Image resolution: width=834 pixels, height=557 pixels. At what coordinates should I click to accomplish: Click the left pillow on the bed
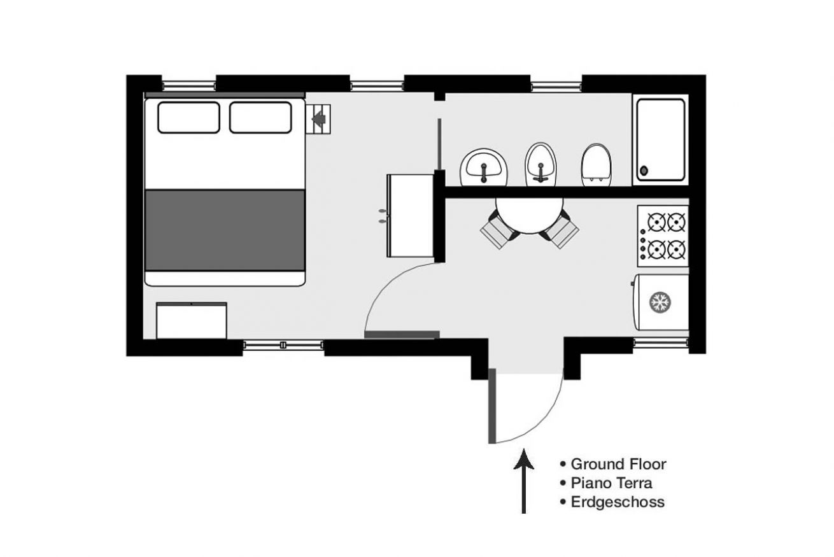pos(189,118)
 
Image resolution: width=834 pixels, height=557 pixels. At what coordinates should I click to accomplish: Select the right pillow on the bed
pos(260,118)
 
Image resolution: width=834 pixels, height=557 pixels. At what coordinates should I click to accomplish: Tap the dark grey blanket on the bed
pos(225,230)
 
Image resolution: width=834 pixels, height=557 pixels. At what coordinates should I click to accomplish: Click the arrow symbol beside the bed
pos(319,119)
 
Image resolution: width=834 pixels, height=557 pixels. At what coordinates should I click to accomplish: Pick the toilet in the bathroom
pos(596,165)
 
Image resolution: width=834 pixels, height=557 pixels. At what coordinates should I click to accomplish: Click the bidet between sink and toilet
pos(541,164)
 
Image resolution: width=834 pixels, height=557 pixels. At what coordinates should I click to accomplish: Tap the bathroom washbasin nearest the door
pos(484,167)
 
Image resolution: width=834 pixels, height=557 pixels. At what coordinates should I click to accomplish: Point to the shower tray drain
pos(644,171)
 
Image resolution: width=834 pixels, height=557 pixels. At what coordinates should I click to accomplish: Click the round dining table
pos(529,215)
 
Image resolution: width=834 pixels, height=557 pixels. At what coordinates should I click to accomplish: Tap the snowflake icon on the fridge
pos(660,302)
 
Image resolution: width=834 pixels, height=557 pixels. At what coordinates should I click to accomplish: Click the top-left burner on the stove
pos(656,222)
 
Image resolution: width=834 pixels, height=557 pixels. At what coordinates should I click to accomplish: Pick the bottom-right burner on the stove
pos(676,250)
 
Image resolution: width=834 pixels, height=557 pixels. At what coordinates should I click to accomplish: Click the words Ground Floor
pos(618,464)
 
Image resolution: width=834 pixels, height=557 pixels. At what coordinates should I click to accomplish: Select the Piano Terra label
pos(611,483)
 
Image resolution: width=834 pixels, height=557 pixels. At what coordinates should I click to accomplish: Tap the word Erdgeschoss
pos(618,502)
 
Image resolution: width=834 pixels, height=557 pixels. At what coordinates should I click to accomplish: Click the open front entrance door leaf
pos(492,406)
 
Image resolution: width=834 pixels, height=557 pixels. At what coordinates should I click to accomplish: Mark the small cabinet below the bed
pos(192,321)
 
